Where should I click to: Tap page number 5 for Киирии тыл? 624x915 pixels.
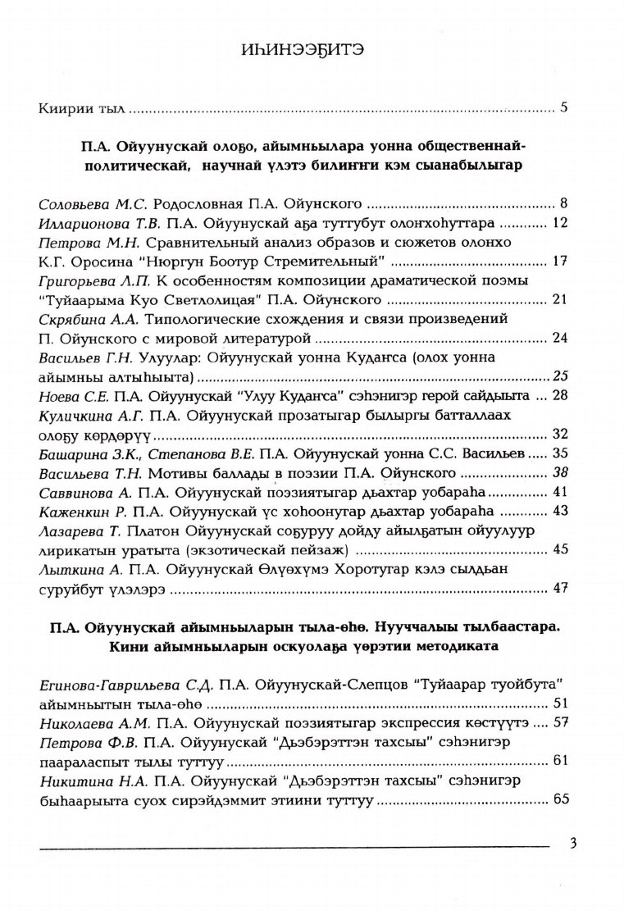(564, 107)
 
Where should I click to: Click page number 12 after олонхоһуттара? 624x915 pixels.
(561, 223)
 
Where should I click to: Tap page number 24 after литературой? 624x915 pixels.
(561, 338)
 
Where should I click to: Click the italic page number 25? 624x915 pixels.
(561, 376)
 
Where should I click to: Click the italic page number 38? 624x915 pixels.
(561, 473)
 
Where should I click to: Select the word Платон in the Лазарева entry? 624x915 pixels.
(153, 531)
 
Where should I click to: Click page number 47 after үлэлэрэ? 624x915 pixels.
(561, 588)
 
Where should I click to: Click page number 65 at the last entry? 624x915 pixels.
(561, 799)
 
